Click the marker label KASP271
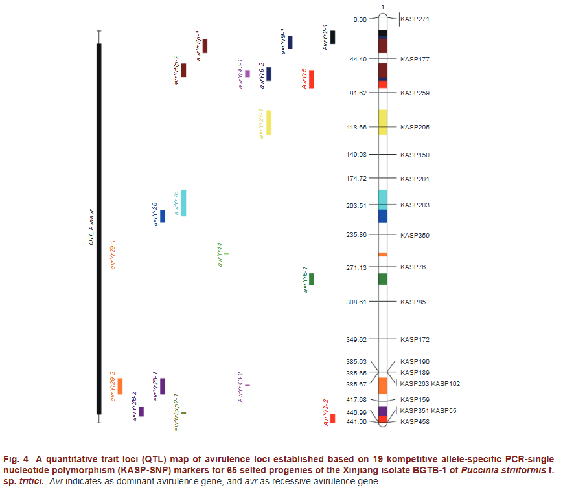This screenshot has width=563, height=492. [x=415, y=19]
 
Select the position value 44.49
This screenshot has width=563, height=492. [x=358, y=59]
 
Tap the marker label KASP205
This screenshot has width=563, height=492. [x=415, y=128]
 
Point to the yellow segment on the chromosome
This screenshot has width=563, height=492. [x=383, y=122]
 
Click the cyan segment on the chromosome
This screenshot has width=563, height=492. [x=383, y=199]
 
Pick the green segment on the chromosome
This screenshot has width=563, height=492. [x=383, y=279]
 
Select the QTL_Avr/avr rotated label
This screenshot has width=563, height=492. [x=91, y=227]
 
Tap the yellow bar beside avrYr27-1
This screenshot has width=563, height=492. [x=269, y=122]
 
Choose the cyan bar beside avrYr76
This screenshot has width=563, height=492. [x=184, y=203]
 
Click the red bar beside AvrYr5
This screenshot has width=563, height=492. [x=311, y=79]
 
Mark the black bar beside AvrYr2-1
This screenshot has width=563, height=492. [x=332, y=38]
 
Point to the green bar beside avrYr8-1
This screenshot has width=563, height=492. [x=312, y=279]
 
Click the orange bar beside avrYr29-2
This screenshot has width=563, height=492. [x=120, y=386]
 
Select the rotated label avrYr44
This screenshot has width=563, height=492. [x=219, y=255]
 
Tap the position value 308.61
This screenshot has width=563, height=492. [x=356, y=302]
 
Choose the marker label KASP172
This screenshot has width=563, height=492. [x=415, y=339]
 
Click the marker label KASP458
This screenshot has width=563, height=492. [x=415, y=422]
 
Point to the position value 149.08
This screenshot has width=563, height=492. [x=356, y=155]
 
